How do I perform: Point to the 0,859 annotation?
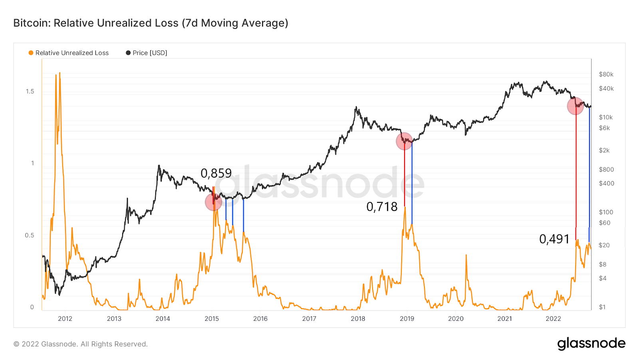click(216, 173)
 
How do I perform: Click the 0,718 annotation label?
click(382, 207)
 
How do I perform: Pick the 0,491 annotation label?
click(554, 239)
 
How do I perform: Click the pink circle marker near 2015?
click(214, 202)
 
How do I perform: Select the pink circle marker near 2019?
click(404, 141)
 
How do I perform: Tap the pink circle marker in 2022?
click(575, 106)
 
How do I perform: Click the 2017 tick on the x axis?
click(309, 319)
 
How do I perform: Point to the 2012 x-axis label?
click(65, 319)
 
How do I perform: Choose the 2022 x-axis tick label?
click(553, 319)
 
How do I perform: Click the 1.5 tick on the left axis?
click(30, 92)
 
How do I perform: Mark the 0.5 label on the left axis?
click(30, 235)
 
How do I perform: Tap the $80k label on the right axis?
click(606, 74)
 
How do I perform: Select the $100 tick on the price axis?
click(606, 212)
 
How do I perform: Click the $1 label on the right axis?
click(602, 307)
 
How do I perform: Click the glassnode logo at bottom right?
click(591, 344)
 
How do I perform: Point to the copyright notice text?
click(81, 344)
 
